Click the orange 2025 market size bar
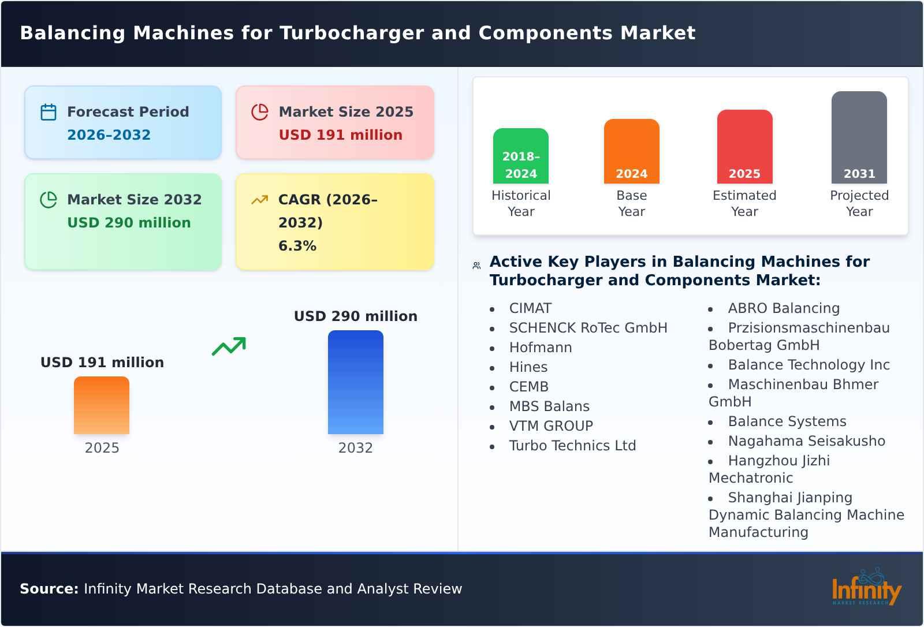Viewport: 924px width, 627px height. (102, 405)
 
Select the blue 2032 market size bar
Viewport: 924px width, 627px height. (355, 382)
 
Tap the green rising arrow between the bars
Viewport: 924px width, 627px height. (229, 346)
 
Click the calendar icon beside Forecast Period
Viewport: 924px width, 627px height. (49, 112)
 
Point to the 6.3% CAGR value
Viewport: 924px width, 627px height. (297, 246)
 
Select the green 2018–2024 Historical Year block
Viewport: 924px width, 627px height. (520, 156)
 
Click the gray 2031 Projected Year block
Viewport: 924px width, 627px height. (859, 137)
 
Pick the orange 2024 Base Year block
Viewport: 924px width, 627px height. (631, 151)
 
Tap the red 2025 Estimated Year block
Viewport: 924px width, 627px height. (744, 147)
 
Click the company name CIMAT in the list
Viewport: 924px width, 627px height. (530, 308)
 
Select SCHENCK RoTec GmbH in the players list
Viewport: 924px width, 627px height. (588, 328)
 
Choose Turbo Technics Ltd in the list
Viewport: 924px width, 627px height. (572, 446)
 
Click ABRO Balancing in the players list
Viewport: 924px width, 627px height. (784, 308)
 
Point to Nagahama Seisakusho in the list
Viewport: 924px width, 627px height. (806, 441)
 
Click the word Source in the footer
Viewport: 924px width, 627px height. (49, 589)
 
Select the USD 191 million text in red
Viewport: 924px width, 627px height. (340, 135)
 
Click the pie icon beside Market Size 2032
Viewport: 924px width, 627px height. (49, 200)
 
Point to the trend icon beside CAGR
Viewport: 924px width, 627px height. (259, 200)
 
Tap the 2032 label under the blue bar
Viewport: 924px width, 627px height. (355, 448)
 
